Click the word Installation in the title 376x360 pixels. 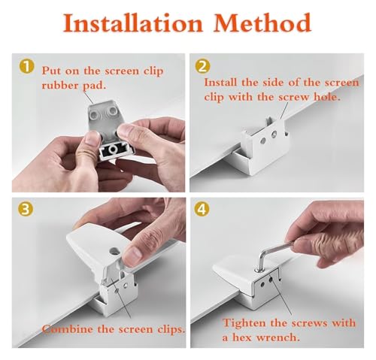click(132, 23)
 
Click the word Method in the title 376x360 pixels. click(262, 23)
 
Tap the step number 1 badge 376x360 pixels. click(26, 67)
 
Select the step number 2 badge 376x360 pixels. click(202, 67)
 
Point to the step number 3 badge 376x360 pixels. click(26, 210)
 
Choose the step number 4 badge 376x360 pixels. click(202, 210)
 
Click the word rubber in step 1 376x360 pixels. click(60, 86)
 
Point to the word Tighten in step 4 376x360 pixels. click(244, 323)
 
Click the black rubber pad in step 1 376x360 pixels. click(114, 150)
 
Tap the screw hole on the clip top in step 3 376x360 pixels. click(114, 250)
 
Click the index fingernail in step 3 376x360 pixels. click(133, 256)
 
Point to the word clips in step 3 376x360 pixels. click(171, 329)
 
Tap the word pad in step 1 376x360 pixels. click(94, 86)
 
